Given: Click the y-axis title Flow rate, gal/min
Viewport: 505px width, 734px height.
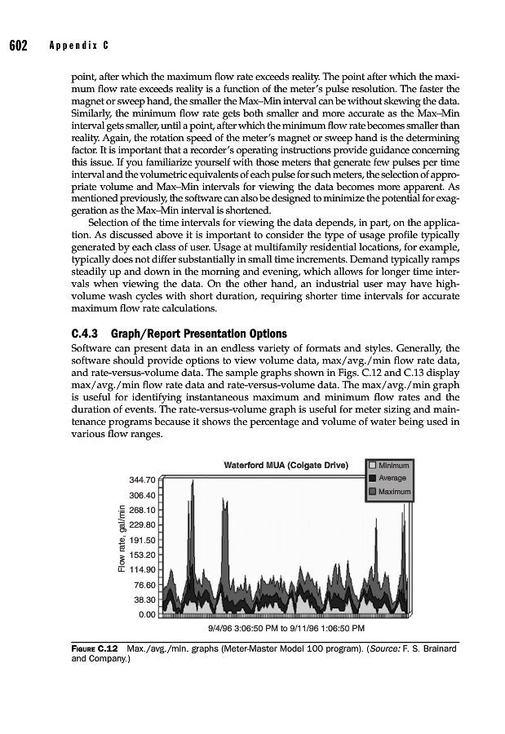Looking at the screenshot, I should coord(121,540).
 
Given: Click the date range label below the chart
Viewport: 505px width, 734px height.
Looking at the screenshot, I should coord(286,629).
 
